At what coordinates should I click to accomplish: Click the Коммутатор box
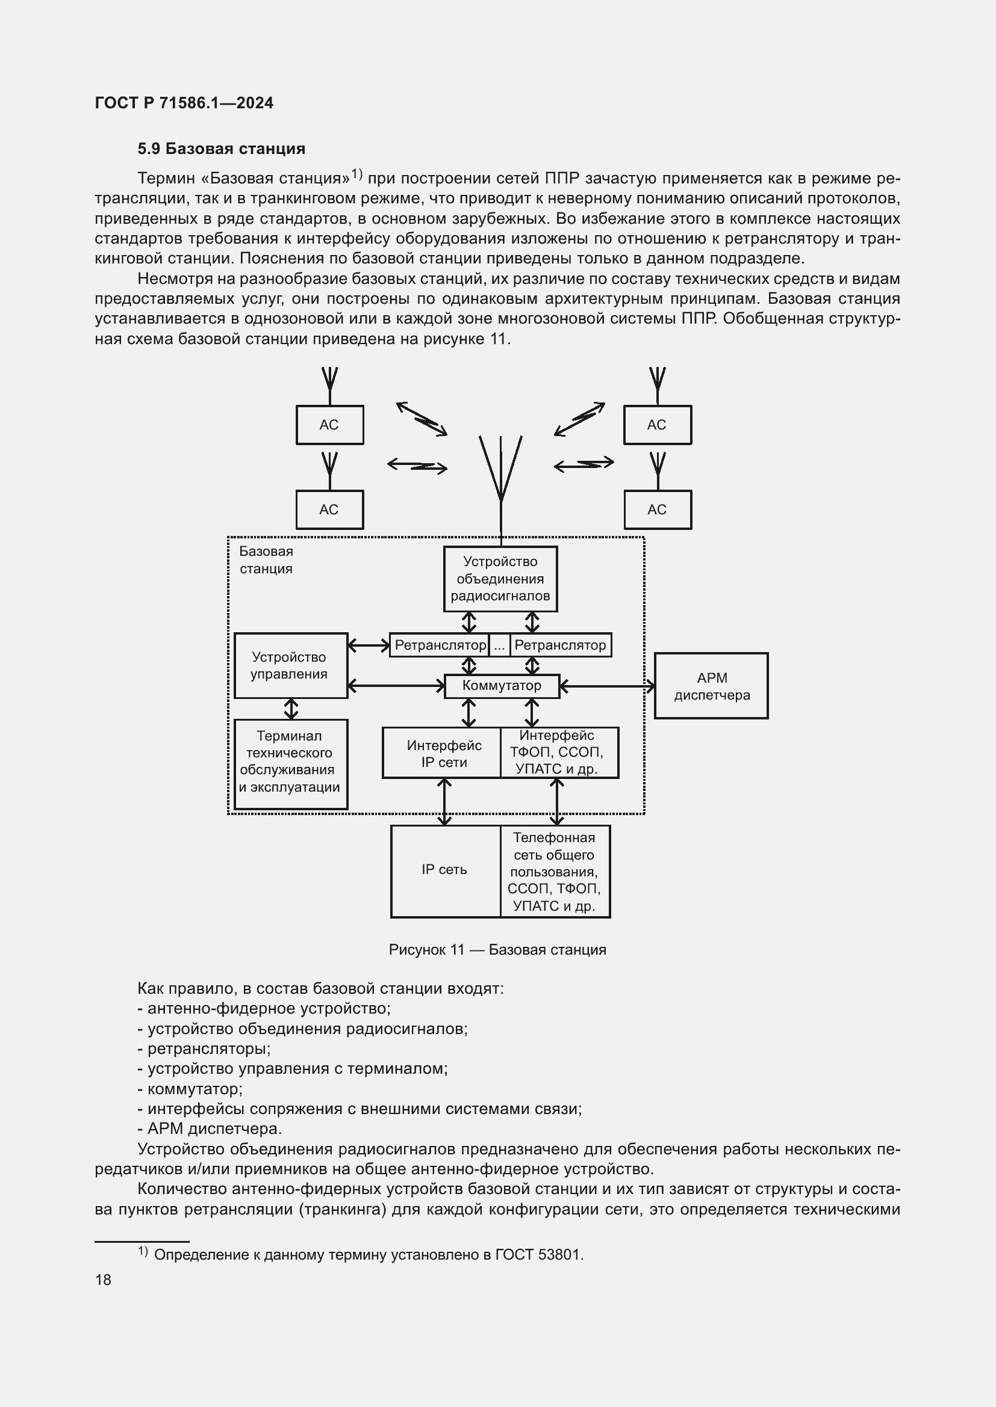[x=501, y=686]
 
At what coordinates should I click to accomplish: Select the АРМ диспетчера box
[x=711, y=686]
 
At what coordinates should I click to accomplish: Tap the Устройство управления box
[x=291, y=665]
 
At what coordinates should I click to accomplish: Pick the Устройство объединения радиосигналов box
[x=500, y=579]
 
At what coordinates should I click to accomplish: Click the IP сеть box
[x=444, y=870]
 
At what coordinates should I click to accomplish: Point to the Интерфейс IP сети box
[x=443, y=753]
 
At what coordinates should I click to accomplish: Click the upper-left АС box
[x=329, y=425]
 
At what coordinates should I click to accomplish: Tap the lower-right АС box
[x=657, y=510]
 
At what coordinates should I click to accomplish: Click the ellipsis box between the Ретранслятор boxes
[x=499, y=645]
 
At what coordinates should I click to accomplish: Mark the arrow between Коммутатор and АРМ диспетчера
[x=606, y=686]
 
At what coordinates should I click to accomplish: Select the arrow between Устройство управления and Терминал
[x=291, y=709]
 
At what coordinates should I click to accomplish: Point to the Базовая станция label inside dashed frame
[x=266, y=559]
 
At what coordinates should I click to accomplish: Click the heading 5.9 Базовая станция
[x=222, y=149]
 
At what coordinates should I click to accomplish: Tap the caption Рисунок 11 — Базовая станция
[x=497, y=949]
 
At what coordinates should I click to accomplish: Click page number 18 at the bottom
[x=103, y=1279]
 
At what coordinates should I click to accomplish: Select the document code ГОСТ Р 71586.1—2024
[x=184, y=103]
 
